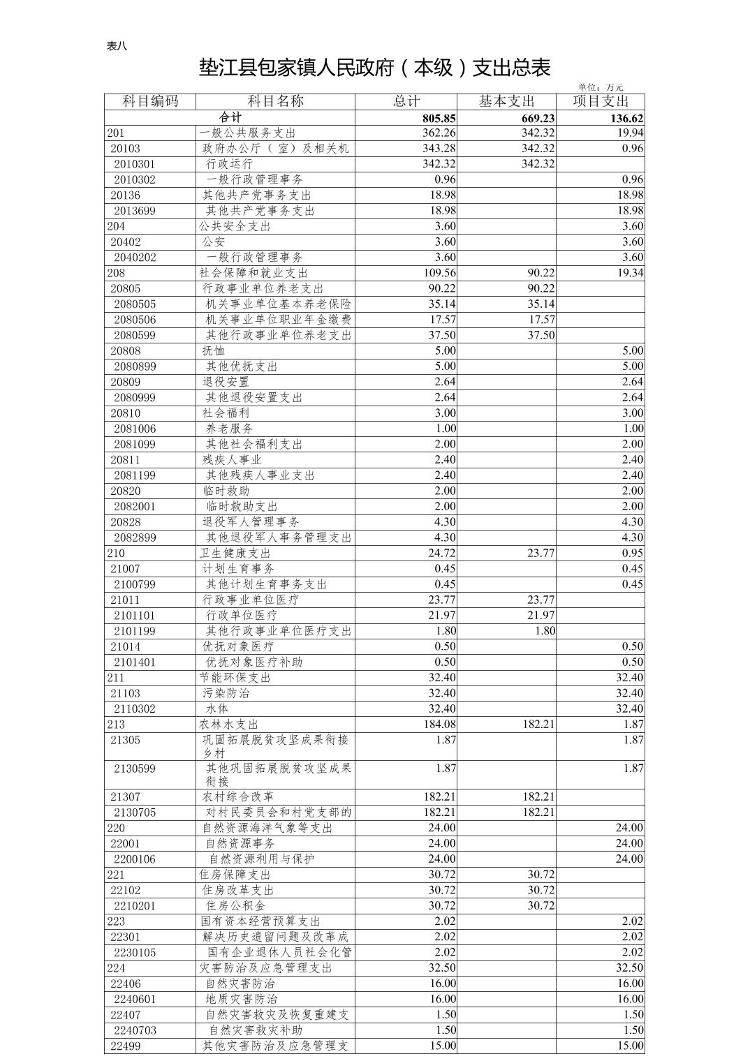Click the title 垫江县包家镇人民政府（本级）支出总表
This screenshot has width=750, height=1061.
(375, 68)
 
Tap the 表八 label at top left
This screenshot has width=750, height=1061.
(117, 46)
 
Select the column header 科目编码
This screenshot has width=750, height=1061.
(150, 101)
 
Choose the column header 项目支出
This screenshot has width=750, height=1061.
(600, 101)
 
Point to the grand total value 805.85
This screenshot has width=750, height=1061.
(439, 118)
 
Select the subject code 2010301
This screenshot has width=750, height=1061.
(135, 164)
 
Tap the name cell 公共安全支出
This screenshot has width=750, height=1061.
(235, 226)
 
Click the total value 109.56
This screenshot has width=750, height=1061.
(439, 273)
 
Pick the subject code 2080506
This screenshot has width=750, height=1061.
(135, 320)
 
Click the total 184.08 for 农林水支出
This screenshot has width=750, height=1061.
(439, 725)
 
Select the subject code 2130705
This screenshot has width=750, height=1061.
(135, 812)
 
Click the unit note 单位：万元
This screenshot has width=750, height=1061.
(601, 87)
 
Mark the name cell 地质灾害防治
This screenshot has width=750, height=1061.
(241, 999)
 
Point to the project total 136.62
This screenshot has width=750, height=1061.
(625, 118)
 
